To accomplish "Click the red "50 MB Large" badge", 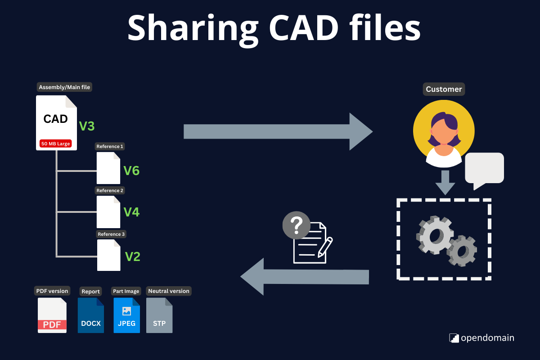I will (56, 144).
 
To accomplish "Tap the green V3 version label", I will (87, 126).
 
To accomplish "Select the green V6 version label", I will (131, 171).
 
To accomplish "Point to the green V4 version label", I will (131, 211).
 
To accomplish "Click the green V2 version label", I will (132, 256).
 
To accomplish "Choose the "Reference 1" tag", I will (110, 146).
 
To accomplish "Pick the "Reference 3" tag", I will (112, 234).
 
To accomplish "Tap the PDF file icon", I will (52, 315).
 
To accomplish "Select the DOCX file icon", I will (91, 315).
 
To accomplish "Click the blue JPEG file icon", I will (126, 315).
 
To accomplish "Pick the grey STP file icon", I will (159, 315).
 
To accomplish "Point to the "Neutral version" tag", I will (169, 291).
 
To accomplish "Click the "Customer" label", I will (444, 89).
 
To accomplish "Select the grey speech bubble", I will (484, 169).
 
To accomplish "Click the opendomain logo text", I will (487, 338).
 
